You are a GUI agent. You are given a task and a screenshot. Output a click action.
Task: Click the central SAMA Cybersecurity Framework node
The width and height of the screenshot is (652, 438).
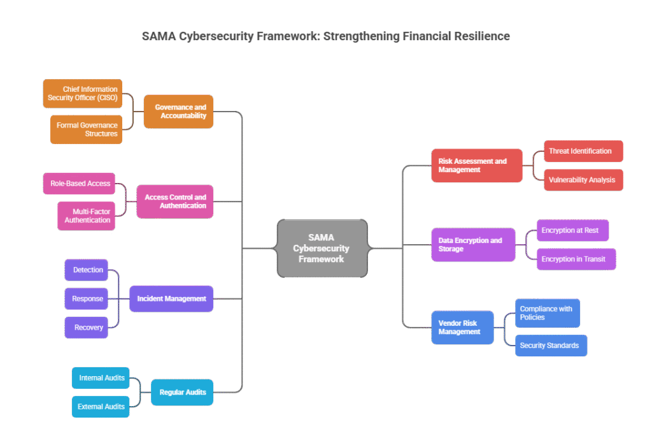coord(322,249)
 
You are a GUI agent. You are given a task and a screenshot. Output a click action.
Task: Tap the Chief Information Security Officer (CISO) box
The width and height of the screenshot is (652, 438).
coord(82,94)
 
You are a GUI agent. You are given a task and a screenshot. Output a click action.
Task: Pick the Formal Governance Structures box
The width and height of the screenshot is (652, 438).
coord(86,129)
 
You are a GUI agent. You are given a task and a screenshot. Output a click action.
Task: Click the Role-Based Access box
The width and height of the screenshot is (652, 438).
coord(80,184)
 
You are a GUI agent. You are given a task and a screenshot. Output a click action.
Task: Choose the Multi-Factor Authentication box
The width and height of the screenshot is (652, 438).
coord(87,215)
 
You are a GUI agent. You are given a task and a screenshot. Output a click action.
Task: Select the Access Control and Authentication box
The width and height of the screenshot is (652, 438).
coord(174,201)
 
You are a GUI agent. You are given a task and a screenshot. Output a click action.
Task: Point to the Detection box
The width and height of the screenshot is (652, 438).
coord(87,270)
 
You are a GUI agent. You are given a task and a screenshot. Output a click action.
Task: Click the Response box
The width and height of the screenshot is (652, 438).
coord(87,298)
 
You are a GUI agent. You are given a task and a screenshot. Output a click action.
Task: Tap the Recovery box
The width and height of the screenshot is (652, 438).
coord(87,327)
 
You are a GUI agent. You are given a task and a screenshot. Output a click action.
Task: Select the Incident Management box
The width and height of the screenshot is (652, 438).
coord(171,298)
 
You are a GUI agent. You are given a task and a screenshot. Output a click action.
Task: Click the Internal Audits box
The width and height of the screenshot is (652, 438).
coord(101,378)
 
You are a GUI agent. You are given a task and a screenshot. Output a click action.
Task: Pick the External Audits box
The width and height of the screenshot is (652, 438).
coord(101,406)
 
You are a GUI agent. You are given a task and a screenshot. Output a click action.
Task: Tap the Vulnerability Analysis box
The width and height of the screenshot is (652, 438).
coord(583,180)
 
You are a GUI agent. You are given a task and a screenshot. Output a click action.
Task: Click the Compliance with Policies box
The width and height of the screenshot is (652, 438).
coord(547,313)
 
